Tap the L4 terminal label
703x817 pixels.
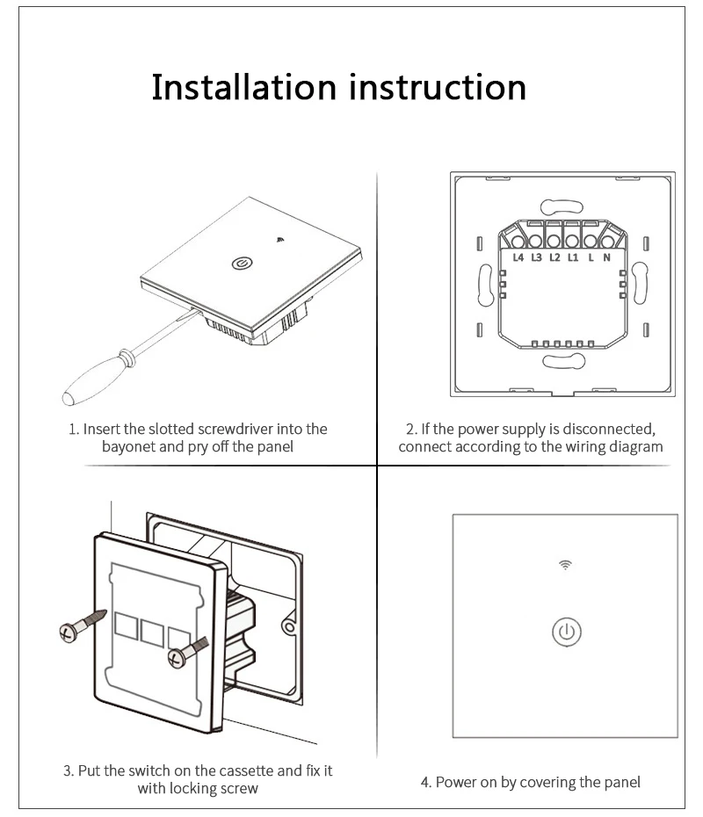click(518, 257)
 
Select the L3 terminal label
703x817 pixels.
click(536, 257)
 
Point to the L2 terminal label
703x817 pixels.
click(554, 257)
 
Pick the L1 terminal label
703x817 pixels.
click(572, 257)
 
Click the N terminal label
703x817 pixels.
click(606, 257)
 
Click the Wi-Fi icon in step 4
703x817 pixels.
click(564, 565)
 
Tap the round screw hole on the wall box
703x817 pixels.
click(287, 627)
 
